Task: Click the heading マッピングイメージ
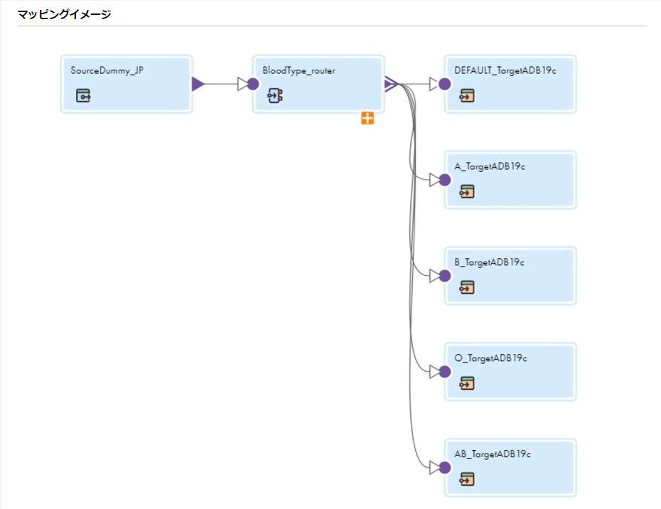click(x=64, y=14)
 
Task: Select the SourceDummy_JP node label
click(x=107, y=70)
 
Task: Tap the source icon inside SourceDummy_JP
click(x=83, y=96)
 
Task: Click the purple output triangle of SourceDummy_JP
click(x=198, y=84)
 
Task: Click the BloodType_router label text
click(x=299, y=70)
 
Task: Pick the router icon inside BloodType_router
click(x=275, y=96)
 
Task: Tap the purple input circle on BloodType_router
click(x=253, y=84)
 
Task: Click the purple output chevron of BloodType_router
click(x=391, y=84)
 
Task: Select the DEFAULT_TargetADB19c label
click(x=505, y=70)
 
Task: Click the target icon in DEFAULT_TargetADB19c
click(x=467, y=96)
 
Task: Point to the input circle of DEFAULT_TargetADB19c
click(x=445, y=84)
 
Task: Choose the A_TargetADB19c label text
click(x=490, y=166)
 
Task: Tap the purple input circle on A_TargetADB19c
click(x=445, y=180)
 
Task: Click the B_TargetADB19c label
click(x=489, y=262)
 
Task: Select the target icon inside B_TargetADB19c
click(x=467, y=288)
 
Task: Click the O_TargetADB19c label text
click(x=490, y=358)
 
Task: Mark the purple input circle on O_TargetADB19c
click(x=445, y=372)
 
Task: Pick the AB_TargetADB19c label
click(x=493, y=454)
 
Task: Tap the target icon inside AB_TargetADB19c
click(x=467, y=479)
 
